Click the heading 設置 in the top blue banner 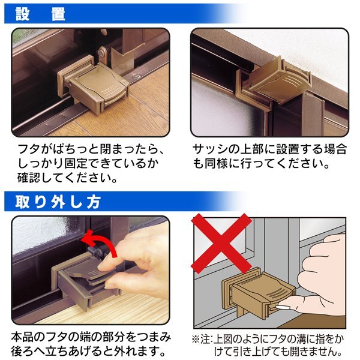click(x=40, y=14)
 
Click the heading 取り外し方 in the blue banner click(x=58, y=202)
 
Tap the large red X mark click(x=221, y=244)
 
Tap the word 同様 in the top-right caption click(x=215, y=164)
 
